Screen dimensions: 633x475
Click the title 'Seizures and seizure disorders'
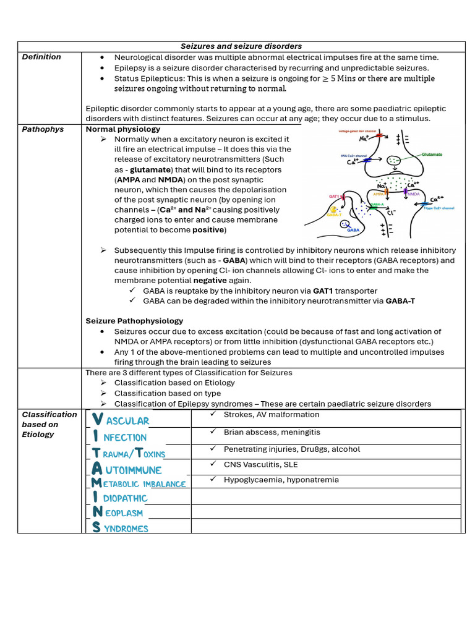[241, 46]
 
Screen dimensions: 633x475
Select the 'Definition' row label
[41, 57]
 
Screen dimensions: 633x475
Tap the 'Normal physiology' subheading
[122, 129]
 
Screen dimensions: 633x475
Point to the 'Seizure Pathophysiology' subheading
[134, 321]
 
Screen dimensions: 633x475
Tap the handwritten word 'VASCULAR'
[121, 420]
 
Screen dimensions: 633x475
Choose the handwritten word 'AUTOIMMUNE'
[127, 470]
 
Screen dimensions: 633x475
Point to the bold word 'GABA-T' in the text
[400, 300]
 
